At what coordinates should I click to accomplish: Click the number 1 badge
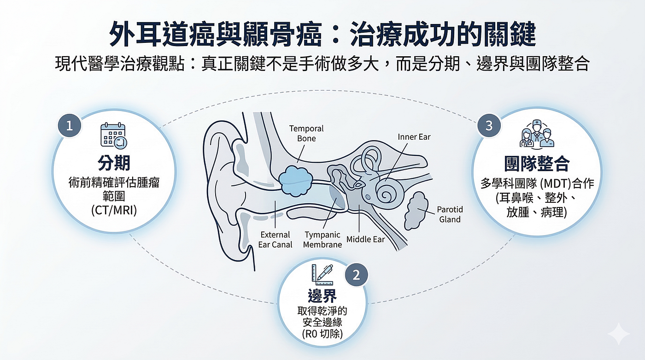point(70,125)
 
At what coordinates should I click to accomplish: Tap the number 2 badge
point(357,275)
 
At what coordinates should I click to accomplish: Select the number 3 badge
point(489,125)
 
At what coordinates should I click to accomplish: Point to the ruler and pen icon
point(322,275)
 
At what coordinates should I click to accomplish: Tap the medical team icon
point(537,134)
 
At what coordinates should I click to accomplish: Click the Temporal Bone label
point(306,133)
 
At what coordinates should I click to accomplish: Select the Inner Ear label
point(414,137)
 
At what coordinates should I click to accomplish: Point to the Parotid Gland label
point(450,214)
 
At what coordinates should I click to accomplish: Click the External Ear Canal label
point(275,240)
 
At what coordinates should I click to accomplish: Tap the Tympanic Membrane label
point(322,240)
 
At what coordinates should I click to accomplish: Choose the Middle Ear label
point(365,239)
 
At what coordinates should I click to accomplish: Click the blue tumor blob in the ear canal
point(296,181)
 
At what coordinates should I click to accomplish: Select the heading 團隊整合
point(537,164)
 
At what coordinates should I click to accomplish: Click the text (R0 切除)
point(322,334)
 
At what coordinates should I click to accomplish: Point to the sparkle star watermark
point(618,334)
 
